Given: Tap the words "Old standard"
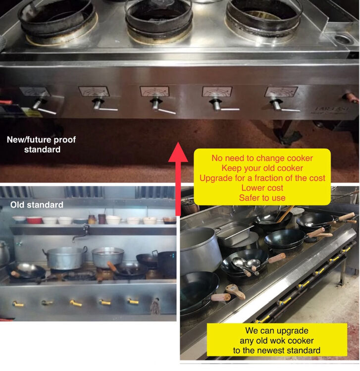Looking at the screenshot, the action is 37,205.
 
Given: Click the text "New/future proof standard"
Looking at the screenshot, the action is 42,145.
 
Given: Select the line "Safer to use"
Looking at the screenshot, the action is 262,198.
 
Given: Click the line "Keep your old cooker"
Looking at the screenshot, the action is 262,168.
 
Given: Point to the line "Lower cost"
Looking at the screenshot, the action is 262,188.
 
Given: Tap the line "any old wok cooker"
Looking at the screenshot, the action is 276,341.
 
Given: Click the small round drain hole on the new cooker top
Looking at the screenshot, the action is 343,39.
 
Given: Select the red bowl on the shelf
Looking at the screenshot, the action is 34,220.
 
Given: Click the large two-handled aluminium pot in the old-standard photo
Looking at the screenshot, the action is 65,258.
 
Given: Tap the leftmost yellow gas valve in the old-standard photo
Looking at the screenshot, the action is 18,304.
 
